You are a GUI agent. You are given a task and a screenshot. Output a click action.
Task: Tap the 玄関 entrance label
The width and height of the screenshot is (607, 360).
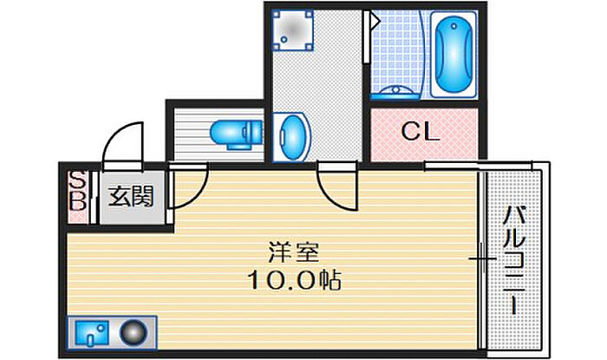[x=131, y=197]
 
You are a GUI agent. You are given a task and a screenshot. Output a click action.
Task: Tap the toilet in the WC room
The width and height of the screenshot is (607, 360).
[x=235, y=133]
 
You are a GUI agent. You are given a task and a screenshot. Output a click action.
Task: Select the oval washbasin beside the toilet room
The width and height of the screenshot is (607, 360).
[x=293, y=136]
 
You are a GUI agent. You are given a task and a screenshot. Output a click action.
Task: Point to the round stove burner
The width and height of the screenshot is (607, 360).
[x=134, y=332]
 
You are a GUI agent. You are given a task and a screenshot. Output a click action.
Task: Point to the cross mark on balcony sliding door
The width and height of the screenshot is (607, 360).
[x=478, y=259]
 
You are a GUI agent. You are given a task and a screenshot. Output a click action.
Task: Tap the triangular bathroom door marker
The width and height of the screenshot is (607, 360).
[x=375, y=20]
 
